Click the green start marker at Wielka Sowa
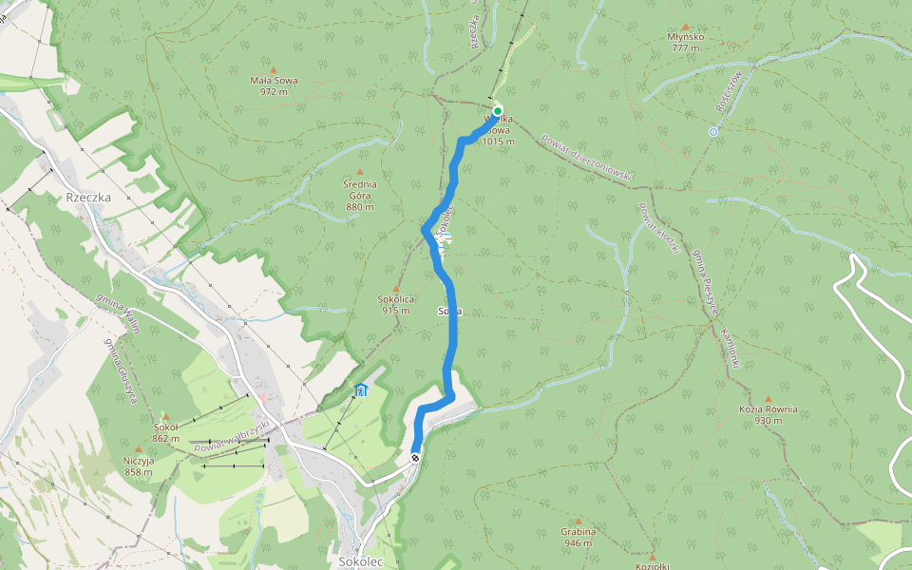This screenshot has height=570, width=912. click(x=497, y=111)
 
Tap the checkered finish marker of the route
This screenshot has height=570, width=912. click(x=415, y=458)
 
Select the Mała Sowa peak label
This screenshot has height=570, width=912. click(x=274, y=85)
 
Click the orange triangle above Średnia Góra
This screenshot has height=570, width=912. click(x=359, y=172)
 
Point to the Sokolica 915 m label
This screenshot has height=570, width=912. click(x=395, y=304)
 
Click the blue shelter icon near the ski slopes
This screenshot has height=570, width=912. click(x=361, y=389)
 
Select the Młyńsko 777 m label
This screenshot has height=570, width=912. click(x=685, y=42)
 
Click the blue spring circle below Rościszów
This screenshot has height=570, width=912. click(x=712, y=132)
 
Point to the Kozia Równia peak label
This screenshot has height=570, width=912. click(x=768, y=414)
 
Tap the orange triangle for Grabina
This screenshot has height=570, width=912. click(x=578, y=520)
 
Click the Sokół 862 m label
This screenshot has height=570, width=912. click(x=165, y=432)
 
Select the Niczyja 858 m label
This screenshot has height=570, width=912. click(x=138, y=465)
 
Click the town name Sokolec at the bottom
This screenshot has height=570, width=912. click(x=360, y=561)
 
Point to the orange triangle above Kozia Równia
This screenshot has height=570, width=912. click(x=768, y=399)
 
